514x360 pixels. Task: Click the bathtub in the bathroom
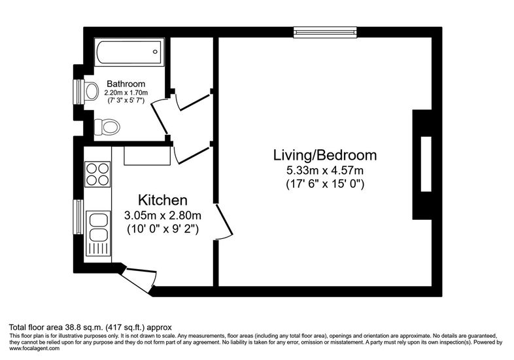tap(129, 52)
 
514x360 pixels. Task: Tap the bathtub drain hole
tap(155, 52)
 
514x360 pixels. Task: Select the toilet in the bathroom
tap(107, 127)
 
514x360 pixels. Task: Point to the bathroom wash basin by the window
tap(92, 90)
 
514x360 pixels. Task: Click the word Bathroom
tap(126, 84)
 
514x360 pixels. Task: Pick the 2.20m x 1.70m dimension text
tap(126, 93)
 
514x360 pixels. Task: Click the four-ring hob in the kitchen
tap(97, 174)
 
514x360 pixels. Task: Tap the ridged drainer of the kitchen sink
tap(98, 250)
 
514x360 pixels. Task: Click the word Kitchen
tap(163, 200)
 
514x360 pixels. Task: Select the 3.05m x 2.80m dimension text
tap(163, 215)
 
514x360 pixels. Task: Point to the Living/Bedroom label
tap(325, 155)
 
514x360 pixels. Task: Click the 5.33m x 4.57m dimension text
tap(325, 171)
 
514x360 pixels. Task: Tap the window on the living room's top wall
tap(325, 32)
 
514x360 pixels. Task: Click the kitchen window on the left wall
tap(78, 217)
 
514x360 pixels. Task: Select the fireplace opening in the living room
tap(426, 164)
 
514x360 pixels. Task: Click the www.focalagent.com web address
tap(35, 348)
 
